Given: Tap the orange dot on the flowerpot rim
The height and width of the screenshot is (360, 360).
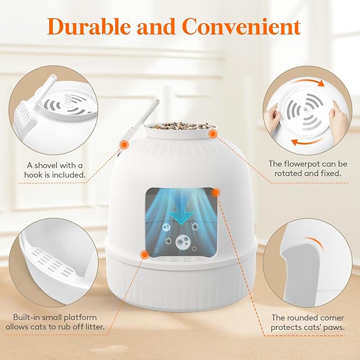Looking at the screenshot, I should click(213, 133).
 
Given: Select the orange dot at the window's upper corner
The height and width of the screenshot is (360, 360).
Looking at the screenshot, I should click(215, 194).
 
